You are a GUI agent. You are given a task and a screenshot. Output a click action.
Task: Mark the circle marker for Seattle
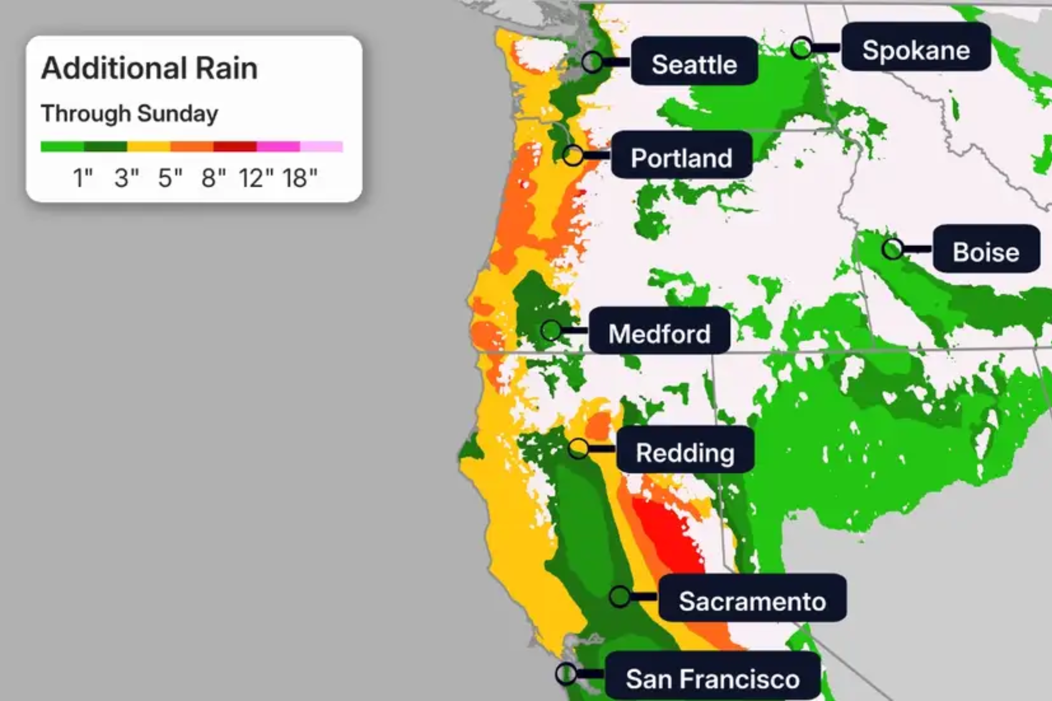[593, 62]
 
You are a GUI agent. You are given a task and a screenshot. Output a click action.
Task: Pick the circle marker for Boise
[893, 249]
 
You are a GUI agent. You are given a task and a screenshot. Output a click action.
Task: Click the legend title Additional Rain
[149, 68]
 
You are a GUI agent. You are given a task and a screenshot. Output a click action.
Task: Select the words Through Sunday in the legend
[130, 114]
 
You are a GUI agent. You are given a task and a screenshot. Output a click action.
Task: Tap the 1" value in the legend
[83, 178]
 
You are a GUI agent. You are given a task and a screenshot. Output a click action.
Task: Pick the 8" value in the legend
[213, 178]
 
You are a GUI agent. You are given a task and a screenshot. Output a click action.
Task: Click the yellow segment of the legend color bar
[148, 147]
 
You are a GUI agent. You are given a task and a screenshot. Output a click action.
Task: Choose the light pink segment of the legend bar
[321, 147]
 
